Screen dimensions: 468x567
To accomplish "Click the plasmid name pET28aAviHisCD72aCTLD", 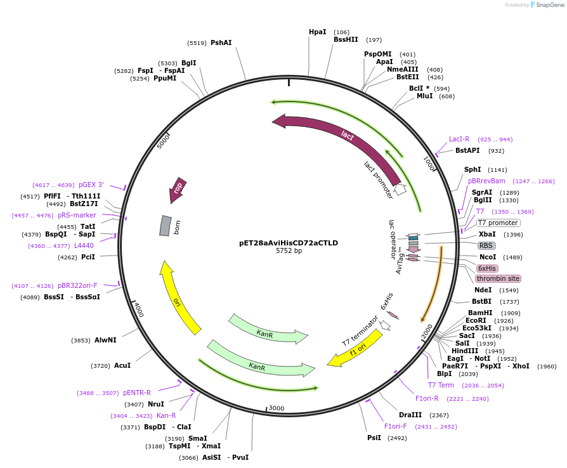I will point(289,242).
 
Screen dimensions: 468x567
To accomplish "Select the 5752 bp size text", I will point(289,251).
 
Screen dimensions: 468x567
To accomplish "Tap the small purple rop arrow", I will point(178,190).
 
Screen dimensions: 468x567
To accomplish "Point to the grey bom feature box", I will point(165,225).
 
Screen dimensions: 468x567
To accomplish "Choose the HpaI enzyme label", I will point(317,32).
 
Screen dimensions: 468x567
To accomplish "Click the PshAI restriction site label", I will point(221,42).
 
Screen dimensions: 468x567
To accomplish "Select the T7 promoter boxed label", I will point(498,223).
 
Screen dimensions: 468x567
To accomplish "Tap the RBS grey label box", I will point(487,245).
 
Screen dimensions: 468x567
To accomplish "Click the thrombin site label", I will point(498,278).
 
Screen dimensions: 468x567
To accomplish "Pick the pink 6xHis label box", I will point(487,268).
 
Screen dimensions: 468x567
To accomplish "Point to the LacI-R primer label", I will point(459,139).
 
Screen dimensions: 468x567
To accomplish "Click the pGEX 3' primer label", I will point(91,185).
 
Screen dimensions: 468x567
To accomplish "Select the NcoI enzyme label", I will point(488,257).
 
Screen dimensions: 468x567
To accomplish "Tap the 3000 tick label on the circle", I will point(276,408).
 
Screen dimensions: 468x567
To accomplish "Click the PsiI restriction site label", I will point(374,438).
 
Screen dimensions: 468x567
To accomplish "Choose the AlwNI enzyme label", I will point(105,341).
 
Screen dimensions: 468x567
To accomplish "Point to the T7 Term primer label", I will point(441,385).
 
